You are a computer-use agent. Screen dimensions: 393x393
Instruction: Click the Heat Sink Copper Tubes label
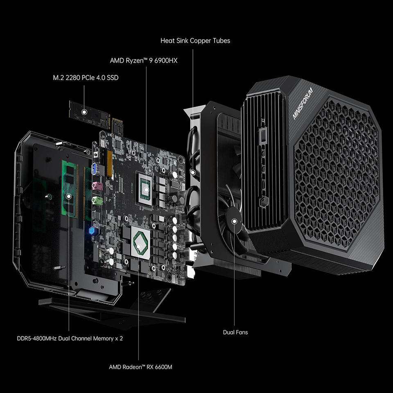195,41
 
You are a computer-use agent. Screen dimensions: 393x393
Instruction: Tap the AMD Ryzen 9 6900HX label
144,61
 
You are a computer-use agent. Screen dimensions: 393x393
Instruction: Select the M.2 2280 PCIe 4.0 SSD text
86,78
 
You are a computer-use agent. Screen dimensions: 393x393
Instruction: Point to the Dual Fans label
235,332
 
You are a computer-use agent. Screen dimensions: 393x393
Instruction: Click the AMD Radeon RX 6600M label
140,367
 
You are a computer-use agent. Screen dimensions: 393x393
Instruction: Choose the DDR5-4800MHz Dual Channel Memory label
70,339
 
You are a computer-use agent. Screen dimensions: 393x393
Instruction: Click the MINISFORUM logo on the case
303,103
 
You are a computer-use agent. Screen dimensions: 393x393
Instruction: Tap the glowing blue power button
92,230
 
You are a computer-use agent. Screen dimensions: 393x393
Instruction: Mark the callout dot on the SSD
84,112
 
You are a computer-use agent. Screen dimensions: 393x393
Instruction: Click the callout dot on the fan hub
234,221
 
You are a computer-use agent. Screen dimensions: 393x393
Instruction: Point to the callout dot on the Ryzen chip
147,189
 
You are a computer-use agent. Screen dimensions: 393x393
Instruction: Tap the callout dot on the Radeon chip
138,246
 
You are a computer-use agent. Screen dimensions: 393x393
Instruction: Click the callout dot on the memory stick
69,196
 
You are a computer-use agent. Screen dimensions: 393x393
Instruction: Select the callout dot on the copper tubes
193,172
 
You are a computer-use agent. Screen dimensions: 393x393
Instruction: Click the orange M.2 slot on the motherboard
110,163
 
